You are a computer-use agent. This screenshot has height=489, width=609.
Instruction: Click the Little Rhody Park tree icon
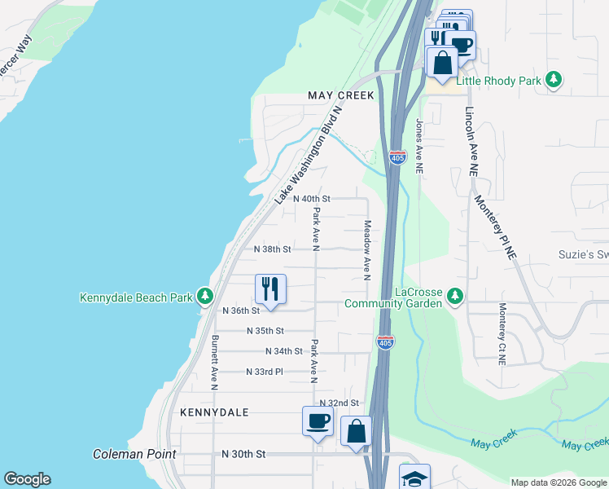[554, 79]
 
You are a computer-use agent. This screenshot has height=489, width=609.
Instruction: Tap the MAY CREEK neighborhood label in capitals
[341, 95]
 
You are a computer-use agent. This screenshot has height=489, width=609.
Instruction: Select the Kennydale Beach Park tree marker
[207, 297]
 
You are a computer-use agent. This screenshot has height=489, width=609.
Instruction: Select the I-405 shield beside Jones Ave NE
[397, 157]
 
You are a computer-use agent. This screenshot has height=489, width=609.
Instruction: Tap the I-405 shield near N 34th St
[385, 341]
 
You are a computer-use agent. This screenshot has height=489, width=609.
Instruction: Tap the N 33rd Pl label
[264, 372]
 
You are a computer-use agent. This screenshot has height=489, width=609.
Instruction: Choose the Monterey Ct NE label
[502, 334]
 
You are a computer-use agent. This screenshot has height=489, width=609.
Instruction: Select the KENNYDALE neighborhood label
[214, 412]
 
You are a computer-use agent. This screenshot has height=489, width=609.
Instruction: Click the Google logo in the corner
[27, 479]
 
